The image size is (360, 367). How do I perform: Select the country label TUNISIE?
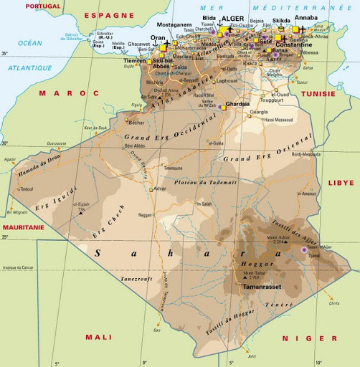[x=318, y=93]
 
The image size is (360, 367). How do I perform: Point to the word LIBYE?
[x=341, y=183]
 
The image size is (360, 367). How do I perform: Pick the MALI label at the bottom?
[x=98, y=336]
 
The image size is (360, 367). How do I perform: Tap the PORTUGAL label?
[x=43, y=6]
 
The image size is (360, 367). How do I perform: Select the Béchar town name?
[x=136, y=123]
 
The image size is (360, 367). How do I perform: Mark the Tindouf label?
[x=27, y=189]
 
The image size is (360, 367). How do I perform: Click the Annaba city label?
[x=306, y=18]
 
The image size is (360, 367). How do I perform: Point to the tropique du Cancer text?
[x=19, y=267]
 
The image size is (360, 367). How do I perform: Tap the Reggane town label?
[x=146, y=214]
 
